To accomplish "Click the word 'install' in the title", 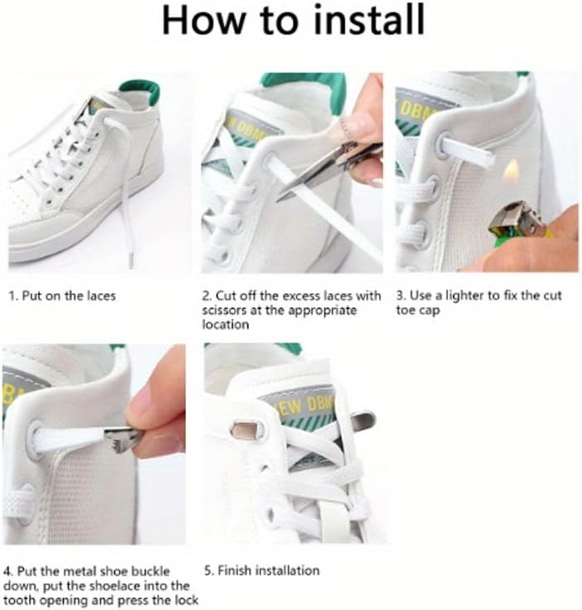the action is (369, 20).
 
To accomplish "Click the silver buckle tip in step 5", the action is (363, 420).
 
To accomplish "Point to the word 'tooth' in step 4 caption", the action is (19, 600).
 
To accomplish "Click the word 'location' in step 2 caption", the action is (226, 324).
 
